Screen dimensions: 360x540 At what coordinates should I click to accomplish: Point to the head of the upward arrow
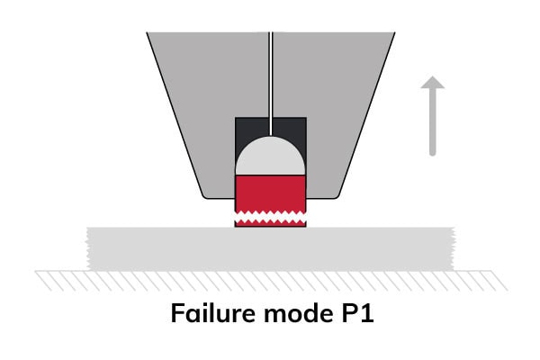[433, 85]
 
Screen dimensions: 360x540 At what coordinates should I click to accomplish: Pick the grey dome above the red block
[270, 157]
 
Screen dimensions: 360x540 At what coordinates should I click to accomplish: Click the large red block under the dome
[270, 192]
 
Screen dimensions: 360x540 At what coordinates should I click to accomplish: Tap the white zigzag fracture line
[270, 216]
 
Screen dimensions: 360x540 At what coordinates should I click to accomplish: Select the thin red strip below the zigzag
[270, 223]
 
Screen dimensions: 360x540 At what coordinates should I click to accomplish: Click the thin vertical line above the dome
[270, 81]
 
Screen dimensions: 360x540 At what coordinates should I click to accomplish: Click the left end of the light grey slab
[94, 247]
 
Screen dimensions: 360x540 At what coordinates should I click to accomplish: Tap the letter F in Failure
[178, 317]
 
